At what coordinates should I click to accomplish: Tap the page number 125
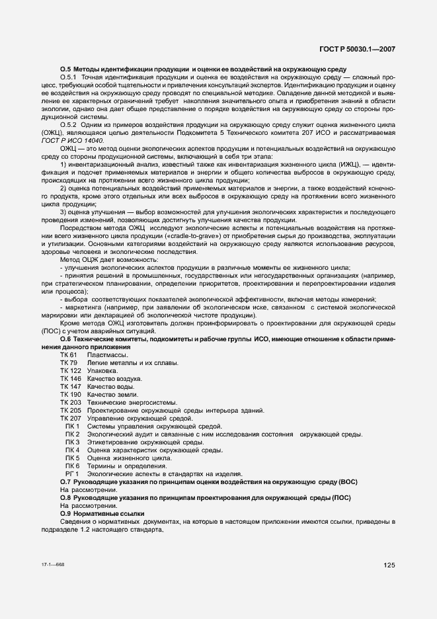(x=389, y=564)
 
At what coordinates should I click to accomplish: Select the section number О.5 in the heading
(x=65, y=69)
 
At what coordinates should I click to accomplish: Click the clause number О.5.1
(x=69, y=77)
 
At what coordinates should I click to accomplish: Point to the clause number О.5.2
(x=69, y=124)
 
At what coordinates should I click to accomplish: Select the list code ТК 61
(x=69, y=356)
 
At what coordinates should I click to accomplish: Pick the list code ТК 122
(x=70, y=371)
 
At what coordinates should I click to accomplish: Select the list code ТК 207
(x=70, y=419)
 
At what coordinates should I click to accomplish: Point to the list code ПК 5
(x=73, y=458)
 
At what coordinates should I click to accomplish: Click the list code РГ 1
(x=73, y=474)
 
